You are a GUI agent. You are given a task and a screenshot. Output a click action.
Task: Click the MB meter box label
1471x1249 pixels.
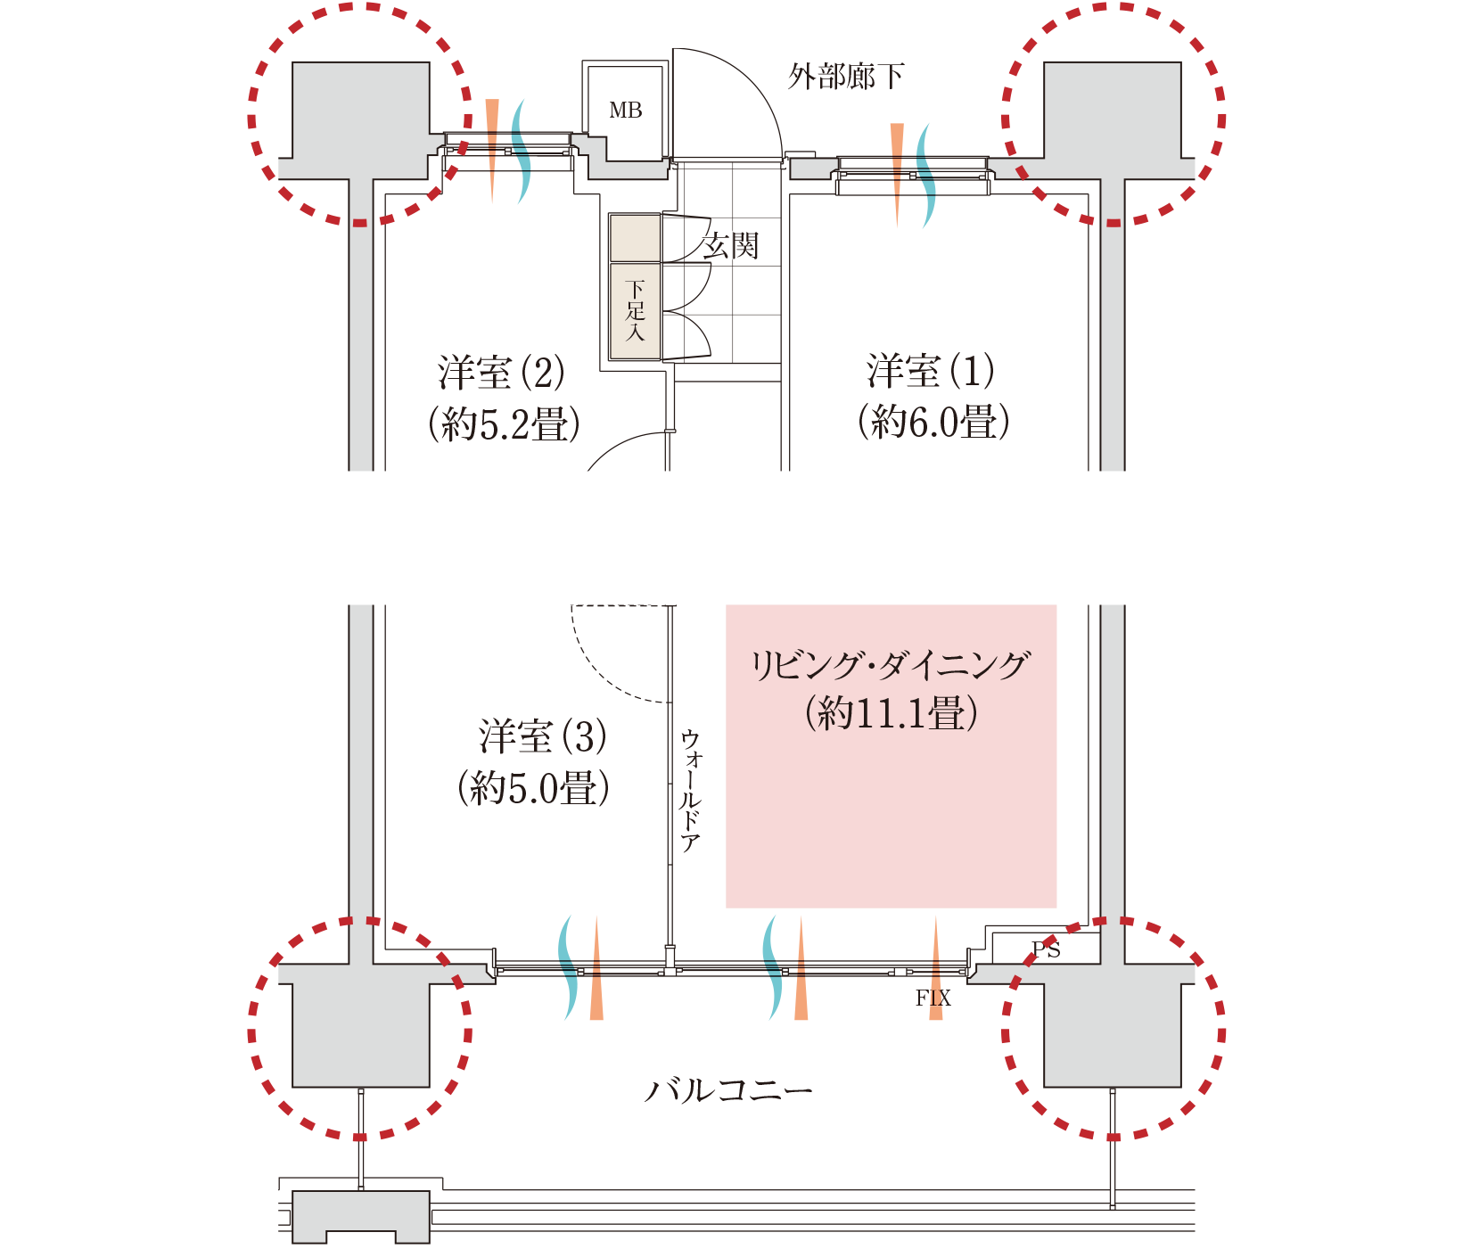coord(625,111)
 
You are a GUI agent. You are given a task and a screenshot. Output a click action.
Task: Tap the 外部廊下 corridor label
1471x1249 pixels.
coord(844,77)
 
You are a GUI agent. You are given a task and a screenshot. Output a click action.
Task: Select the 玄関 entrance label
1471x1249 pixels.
coord(729,245)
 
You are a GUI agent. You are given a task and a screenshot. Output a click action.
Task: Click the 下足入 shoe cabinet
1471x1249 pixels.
coord(635,310)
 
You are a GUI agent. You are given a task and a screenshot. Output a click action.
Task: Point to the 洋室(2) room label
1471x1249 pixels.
coord(501,373)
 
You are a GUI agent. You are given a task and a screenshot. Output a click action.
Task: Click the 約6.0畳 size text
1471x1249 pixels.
coord(933,422)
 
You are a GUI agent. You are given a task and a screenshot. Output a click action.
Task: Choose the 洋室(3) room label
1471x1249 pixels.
coord(542,737)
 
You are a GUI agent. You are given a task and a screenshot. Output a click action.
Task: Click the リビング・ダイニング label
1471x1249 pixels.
coord(890,666)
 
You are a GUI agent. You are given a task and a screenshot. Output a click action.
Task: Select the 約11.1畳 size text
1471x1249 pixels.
coord(891,713)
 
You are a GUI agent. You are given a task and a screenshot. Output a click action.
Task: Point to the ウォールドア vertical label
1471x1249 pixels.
coord(691,792)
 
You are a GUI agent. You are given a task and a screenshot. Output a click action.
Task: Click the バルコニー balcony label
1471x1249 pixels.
coord(729,1090)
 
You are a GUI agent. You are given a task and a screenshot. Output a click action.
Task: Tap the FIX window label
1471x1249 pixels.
coord(933,998)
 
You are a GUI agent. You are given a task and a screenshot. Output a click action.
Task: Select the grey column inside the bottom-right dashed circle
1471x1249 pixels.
coord(1113,1034)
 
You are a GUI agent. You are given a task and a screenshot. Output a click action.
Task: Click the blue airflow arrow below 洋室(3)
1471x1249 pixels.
coord(568,967)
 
